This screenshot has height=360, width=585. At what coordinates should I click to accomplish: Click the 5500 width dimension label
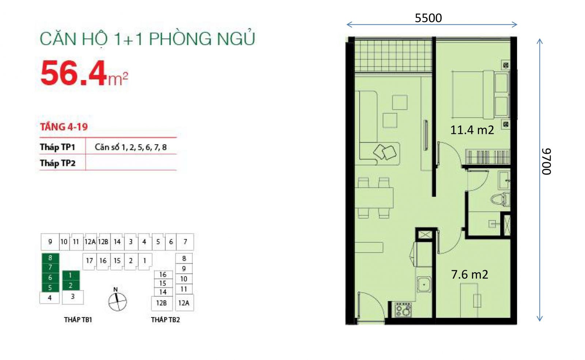click(428, 18)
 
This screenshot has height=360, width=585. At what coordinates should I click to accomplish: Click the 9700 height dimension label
click(547, 161)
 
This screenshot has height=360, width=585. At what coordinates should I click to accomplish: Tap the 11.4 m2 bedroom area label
click(472, 130)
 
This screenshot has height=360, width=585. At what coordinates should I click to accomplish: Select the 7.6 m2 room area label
click(469, 274)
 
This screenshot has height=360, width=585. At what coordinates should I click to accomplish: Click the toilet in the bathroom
click(500, 200)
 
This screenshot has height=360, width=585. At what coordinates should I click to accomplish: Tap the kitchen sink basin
click(424, 284)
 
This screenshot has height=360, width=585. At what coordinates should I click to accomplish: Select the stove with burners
click(403, 310)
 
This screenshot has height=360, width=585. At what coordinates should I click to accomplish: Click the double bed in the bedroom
click(480, 95)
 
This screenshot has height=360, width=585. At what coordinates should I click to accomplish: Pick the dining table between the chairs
click(374, 198)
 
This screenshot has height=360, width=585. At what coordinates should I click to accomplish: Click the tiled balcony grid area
click(393, 56)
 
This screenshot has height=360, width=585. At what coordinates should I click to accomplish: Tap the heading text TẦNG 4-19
click(64, 127)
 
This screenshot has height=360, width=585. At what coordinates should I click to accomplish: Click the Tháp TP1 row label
click(57, 147)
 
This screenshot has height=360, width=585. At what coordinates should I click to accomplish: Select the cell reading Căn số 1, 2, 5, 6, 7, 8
click(131, 147)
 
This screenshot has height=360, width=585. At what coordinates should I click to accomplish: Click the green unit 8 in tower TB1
click(50, 258)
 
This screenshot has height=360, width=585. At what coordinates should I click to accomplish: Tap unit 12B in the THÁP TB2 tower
click(162, 303)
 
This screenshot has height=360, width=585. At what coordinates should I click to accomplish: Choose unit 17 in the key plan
click(89, 260)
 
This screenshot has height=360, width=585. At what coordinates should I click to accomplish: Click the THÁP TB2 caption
click(165, 320)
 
